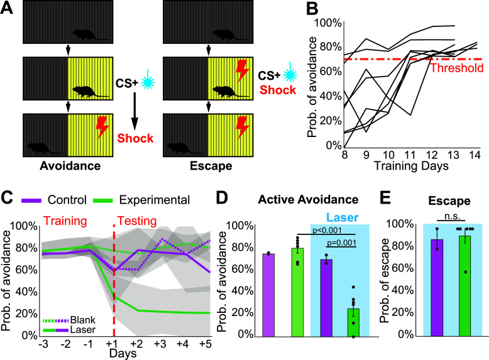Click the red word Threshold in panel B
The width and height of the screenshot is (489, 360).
coord(457,68)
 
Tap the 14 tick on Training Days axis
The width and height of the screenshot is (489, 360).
coord(475,155)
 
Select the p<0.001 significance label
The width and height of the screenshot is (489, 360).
coord(327,231)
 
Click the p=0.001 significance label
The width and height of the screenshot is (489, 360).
coord(341,243)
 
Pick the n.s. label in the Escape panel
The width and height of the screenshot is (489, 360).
coord(452,216)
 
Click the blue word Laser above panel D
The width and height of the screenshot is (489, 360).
coord(342,217)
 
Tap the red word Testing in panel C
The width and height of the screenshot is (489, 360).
coord(137,221)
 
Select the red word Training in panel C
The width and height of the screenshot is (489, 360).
coord(65,221)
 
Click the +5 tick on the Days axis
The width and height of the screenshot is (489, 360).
coord(206,344)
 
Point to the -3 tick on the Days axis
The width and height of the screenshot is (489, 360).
coord(43,344)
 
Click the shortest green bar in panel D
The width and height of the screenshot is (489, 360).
coord(353,322)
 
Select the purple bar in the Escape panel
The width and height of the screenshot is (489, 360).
coord(437,288)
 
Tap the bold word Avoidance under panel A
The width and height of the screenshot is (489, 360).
coord(70,166)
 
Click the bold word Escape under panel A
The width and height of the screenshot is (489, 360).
coord(211,166)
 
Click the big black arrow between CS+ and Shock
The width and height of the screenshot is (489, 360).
coord(135,111)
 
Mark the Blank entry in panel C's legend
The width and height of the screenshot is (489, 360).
coord(82,320)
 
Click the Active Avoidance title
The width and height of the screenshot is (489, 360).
coord(308,200)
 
